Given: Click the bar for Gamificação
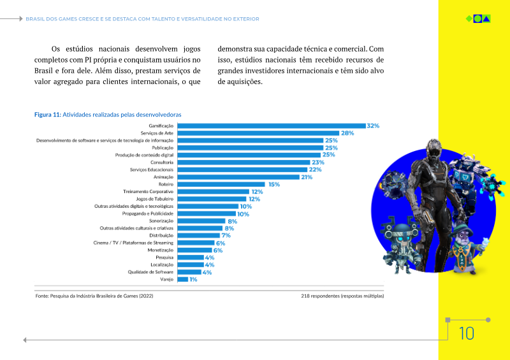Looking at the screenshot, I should pyautogui.click(x=270, y=126).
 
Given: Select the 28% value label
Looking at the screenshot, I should pyautogui.click(x=347, y=133).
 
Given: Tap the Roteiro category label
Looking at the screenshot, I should pyautogui.click(x=166, y=184).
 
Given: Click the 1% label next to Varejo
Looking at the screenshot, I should pyautogui.click(x=193, y=279).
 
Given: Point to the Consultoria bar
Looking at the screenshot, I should pyautogui.click(x=243, y=162).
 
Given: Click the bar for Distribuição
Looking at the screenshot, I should pyautogui.click(x=198, y=236).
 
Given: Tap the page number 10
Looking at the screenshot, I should pyautogui.click(x=466, y=333).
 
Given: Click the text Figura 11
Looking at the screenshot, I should pyautogui.click(x=47, y=114).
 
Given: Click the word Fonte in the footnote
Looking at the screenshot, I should pyautogui.click(x=41, y=296).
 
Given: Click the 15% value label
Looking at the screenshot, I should pyautogui.click(x=274, y=184).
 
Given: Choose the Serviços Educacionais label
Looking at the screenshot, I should pyautogui.click(x=151, y=169).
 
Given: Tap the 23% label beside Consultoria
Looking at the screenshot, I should pyautogui.click(x=318, y=162).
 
